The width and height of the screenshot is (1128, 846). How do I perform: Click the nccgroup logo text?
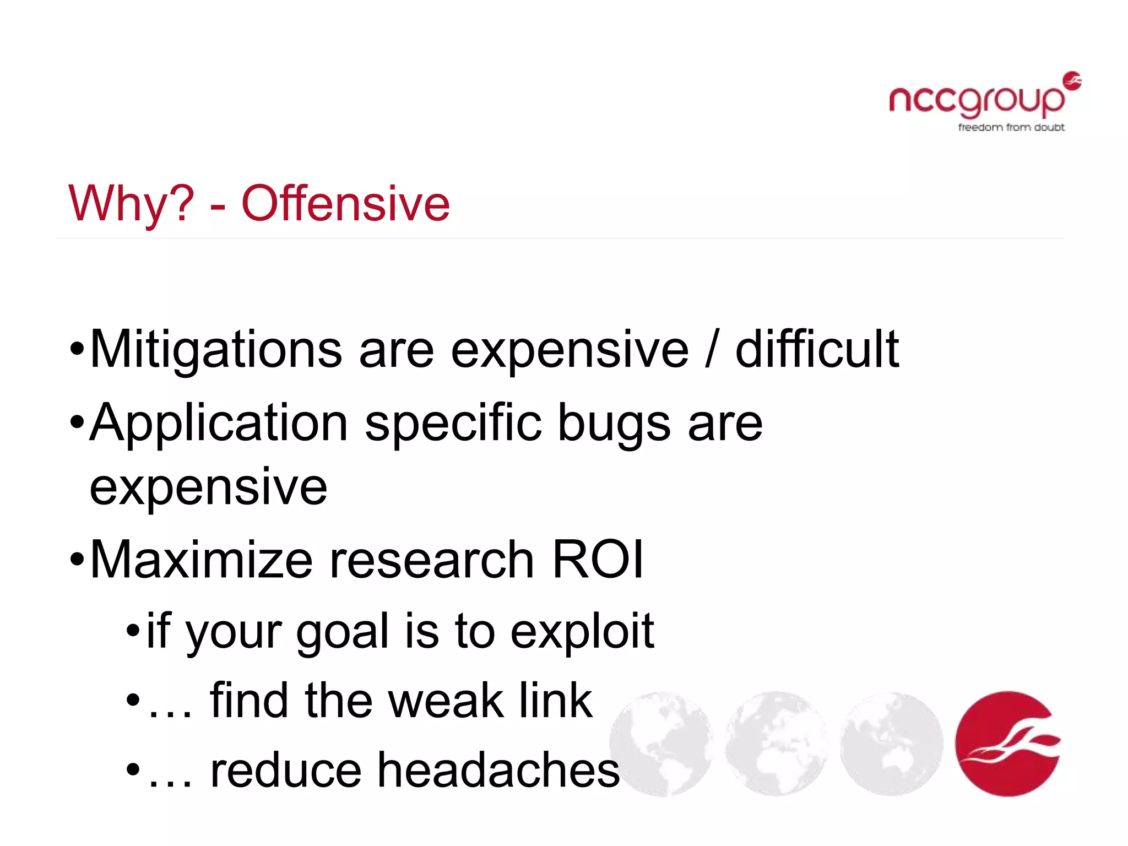[976, 100]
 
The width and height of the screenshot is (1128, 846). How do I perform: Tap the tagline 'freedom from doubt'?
[1011, 127]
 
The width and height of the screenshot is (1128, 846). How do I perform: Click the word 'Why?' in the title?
[131, 204]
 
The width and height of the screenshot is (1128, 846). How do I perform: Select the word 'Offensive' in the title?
[346, 204]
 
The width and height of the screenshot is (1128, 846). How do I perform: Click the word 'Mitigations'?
[216, 349]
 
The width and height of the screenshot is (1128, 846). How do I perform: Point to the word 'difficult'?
[817, 349]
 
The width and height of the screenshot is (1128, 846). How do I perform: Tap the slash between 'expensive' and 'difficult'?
[712, 349]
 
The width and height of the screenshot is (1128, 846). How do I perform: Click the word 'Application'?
[219, 423]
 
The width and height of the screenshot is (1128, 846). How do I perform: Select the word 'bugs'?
[614, 423]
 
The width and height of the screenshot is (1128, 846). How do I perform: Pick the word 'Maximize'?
[201, 560]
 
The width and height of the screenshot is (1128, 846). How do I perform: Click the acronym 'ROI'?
[597, 560]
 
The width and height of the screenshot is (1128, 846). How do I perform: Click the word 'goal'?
[343, 631]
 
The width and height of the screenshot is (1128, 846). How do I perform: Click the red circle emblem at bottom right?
[1008, 744]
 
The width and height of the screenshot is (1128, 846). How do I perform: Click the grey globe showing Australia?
[891, 744]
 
